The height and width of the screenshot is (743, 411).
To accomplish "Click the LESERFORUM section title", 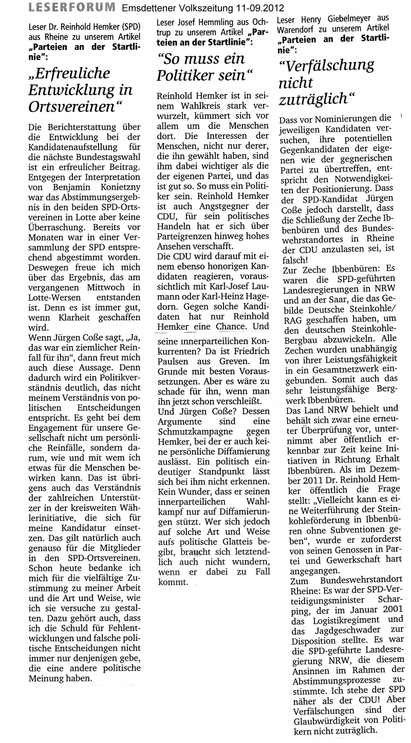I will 72,7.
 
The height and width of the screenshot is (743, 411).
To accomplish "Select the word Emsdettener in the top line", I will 146,8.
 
